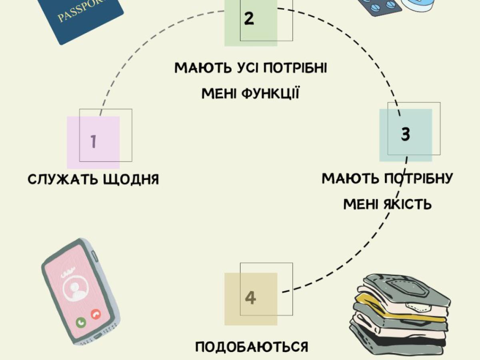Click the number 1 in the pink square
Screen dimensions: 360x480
coord(94,142)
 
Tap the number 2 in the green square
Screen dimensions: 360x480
coord(249,18)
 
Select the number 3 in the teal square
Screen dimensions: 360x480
coord(406,134)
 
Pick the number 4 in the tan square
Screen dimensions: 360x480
coord(250,298)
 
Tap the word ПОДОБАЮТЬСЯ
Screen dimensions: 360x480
coord(252,347)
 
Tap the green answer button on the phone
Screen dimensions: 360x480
coord(82,321)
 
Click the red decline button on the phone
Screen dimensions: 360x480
coord(96,314)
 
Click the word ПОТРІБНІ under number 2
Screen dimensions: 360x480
coord(296,68)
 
